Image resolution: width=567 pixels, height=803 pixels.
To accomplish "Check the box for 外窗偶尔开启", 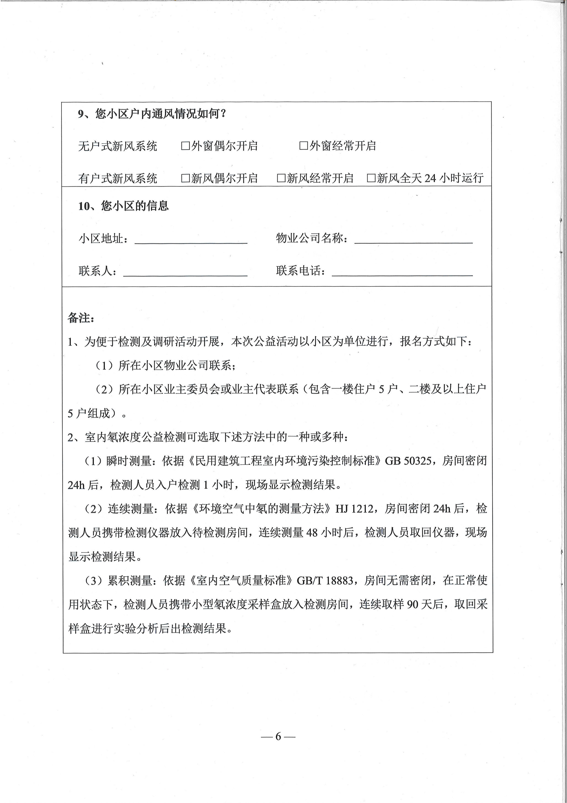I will pos(185,146).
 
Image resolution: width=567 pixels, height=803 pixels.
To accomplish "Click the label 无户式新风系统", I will pos(118,146).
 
